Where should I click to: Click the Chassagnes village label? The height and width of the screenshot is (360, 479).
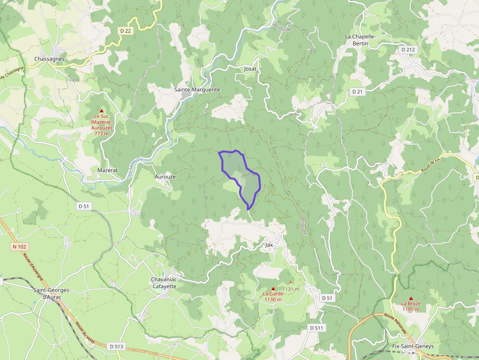[49, 59]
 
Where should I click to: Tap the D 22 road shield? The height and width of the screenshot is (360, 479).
[126, 31]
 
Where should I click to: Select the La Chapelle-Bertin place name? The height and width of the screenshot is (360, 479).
[363, 40]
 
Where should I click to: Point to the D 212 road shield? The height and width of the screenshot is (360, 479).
[408, 49]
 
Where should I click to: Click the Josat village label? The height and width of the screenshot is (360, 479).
[250, 69]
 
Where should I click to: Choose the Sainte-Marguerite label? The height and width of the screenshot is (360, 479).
[197, 90]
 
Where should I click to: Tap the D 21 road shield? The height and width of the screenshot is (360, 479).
[357, 92]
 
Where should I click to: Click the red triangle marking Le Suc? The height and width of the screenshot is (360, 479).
[102, 110]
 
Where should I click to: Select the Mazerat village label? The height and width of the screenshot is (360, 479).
[108, 170]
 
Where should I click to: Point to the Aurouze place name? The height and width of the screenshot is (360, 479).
[165, 177]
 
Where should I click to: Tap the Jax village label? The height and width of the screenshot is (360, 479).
[269, 244]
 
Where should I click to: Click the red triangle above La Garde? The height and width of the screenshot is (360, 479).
[273, 288]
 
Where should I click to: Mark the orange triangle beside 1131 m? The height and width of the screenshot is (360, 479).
[291, 282]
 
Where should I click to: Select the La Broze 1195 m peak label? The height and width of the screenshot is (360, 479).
[411, 306]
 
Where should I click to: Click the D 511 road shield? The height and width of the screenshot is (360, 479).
[317, 328]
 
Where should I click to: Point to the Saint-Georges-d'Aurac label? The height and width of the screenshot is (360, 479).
[52, 293]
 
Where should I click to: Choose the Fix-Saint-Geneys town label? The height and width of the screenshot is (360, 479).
[413, 346]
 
